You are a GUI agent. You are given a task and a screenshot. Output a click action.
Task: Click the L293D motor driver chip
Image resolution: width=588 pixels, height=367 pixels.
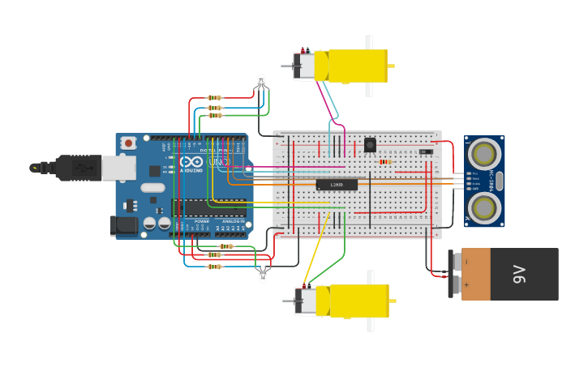(336, 185)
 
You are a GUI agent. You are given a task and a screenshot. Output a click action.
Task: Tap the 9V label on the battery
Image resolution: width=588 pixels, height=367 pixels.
(519, 275)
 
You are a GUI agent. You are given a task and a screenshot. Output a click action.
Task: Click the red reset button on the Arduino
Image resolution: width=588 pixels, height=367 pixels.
(128, 143)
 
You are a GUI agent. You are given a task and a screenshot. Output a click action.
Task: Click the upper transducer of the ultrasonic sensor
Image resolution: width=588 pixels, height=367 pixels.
(484, 152)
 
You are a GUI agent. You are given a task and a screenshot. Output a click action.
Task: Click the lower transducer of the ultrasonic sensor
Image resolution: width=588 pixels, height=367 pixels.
(484, 207)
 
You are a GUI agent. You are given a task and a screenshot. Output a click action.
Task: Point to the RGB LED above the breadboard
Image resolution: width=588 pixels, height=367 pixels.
(260, 81)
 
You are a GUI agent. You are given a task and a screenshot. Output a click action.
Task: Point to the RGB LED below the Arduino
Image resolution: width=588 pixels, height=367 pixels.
(262, 275)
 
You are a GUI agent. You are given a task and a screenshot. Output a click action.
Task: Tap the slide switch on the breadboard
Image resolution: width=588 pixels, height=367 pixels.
(426, 151)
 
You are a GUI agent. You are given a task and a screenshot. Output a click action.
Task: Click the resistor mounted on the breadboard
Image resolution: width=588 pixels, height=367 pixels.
(384, 161)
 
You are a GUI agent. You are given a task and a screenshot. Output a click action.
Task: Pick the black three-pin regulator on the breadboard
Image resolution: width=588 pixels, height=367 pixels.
(370, 145)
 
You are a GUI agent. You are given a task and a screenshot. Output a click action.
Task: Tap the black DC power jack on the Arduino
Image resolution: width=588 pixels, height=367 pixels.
(124, 225)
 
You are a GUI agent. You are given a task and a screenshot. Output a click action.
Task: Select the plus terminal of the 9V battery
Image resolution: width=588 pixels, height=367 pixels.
(456, 285)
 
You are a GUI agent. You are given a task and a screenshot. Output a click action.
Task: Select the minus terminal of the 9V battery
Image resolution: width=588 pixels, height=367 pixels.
(456, 262)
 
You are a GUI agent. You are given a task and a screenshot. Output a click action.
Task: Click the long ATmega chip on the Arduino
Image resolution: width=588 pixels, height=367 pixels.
(208, 207)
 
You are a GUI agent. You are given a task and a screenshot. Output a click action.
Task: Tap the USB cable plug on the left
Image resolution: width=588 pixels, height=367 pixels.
(77, 168)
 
